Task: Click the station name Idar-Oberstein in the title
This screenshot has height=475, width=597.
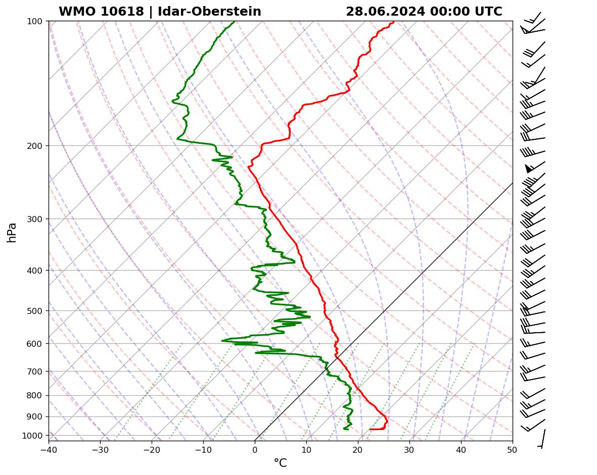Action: pos(209,12)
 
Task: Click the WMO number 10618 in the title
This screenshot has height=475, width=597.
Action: pos(122,12)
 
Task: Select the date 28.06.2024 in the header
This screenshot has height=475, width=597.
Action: pos(385,12)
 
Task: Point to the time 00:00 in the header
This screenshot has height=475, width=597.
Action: pos(445,12)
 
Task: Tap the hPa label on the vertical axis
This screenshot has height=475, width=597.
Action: pos(12,232)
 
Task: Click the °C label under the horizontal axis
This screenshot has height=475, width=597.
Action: pos(280,463)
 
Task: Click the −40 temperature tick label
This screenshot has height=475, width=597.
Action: pos(49,449)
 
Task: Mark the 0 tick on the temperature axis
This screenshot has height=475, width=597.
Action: pos(255,449)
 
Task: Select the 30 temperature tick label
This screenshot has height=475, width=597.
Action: pos(409,449)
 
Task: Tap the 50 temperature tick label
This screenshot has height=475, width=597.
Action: pos(513,449)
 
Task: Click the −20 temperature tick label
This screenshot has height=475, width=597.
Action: pos(152,449)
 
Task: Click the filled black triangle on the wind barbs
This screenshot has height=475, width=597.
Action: pos(529,168)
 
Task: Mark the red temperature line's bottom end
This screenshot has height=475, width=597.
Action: pos(370,429)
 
